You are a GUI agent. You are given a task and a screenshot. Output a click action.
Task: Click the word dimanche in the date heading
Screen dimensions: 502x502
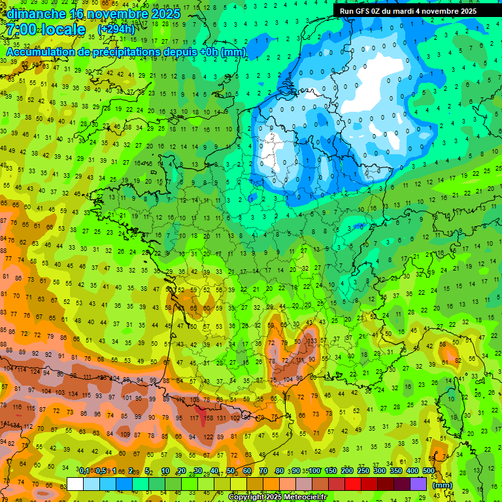[x=37, y=14]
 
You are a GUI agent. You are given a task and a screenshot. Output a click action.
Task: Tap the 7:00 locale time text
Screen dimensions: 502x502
[x=46, y=29]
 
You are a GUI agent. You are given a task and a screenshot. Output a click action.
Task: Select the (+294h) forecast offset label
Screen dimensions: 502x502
[x=116, y=29]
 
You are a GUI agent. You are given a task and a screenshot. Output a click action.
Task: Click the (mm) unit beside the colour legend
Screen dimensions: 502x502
[x=443, y=485]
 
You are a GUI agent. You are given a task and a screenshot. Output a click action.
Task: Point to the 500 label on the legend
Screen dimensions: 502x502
[x=429, y=471]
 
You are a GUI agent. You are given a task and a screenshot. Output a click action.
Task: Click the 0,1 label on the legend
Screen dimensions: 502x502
[x=84, y=471]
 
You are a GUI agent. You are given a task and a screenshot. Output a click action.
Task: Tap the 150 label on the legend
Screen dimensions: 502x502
[x=331, y=471]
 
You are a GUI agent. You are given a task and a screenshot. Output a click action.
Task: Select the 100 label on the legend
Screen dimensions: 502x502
[x=314, y=471]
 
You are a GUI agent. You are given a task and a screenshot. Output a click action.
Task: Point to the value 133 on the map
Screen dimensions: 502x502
[x=314, y=341]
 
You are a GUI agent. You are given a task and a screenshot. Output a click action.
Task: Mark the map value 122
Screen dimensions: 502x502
[x=209, y=437]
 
